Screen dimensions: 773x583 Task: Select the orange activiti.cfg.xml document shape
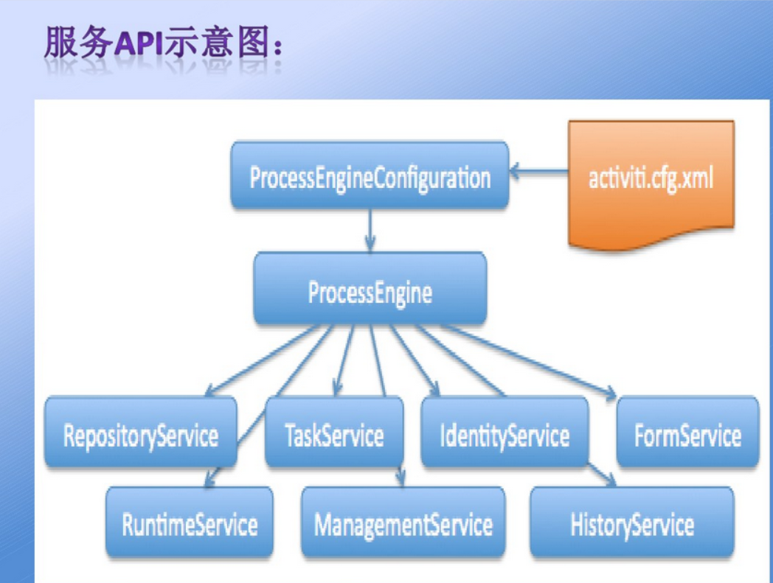(651, 181)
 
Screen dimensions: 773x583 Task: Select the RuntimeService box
(190, 523)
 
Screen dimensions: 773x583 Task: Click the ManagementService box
(403, 523)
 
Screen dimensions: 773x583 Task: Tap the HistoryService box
(631, 523)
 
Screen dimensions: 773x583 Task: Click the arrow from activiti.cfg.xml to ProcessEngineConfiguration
(539, 174)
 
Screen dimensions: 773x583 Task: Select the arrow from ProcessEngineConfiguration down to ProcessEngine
(370, 230)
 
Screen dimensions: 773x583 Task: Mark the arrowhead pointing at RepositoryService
(210, 390)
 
